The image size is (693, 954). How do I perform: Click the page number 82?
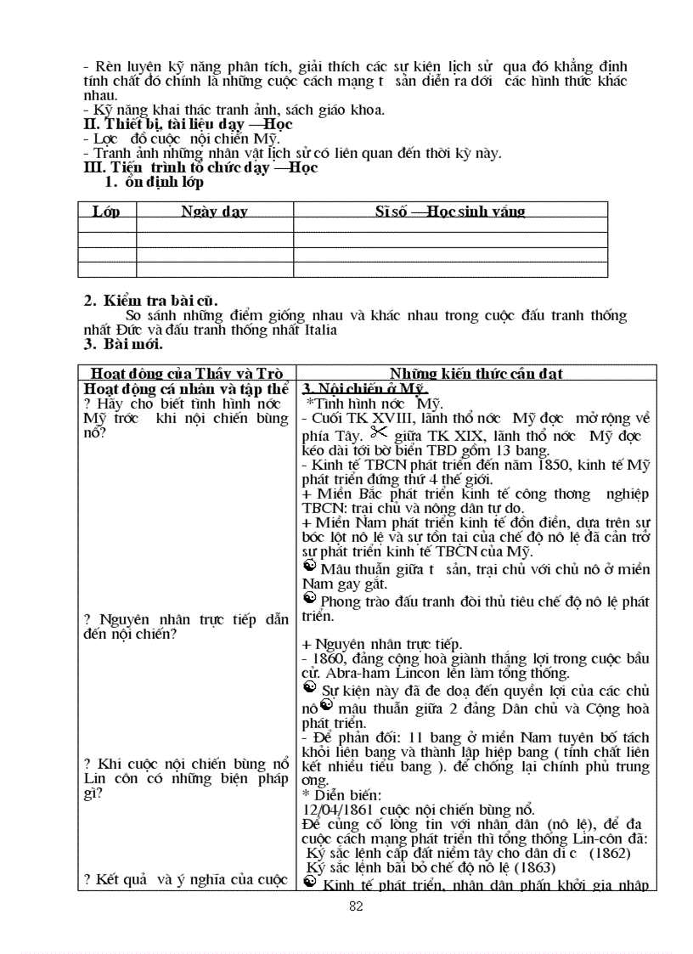356,906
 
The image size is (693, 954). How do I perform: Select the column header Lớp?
106,212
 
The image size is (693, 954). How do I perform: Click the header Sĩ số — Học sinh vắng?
450,212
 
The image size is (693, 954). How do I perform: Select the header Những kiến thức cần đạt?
476,373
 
